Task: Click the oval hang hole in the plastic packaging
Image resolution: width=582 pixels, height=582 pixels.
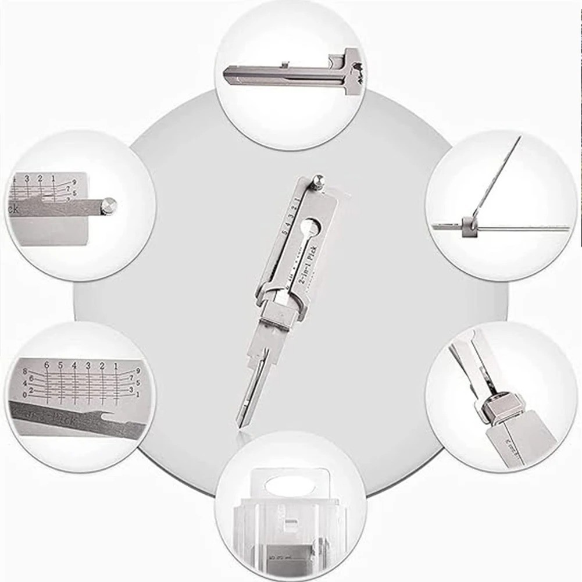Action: click(x=291, y=480)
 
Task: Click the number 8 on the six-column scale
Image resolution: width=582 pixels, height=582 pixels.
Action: click(x=25, y=371)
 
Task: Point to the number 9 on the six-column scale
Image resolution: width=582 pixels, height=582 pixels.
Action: click(x=138, y=370)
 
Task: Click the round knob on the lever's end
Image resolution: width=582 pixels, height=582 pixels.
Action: click(x=108, y=205)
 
